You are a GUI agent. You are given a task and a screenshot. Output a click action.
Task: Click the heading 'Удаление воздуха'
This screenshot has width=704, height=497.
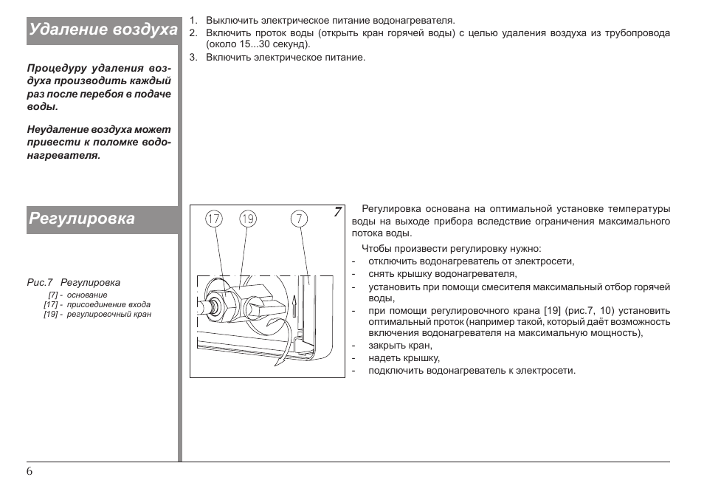point(103,30)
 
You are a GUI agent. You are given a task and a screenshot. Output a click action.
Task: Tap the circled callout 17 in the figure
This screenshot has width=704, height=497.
point(214,219)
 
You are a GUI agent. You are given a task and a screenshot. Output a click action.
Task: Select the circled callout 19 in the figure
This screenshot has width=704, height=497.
point(248,219)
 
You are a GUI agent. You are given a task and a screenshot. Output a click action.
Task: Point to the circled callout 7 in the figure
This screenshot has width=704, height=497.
point(299,219)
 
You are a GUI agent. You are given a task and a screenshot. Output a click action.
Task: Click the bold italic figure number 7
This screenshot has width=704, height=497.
point(337,213)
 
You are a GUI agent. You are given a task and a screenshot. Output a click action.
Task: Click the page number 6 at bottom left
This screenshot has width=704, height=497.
point(30,473)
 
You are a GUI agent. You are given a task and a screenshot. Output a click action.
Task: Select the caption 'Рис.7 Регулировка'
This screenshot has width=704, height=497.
point(73,282)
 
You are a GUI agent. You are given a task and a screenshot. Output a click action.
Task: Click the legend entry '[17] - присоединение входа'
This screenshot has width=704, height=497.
point(97,304)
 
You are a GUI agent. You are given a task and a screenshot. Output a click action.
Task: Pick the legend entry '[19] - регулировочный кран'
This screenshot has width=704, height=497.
point(97,314)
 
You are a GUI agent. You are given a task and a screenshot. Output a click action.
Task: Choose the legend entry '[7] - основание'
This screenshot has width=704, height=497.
point(77,295)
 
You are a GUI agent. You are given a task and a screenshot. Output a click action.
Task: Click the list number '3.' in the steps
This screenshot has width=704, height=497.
point(193,58)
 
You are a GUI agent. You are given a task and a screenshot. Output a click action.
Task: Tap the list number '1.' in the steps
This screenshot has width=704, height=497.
point(193,20)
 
